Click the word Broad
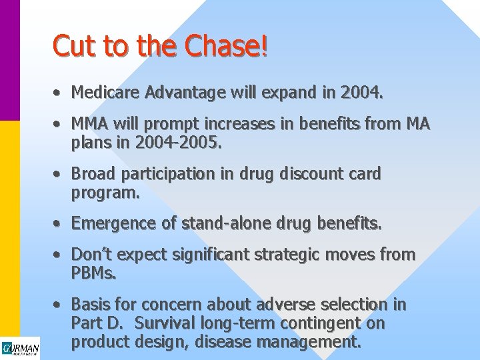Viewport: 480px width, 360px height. click(x=92, y=174)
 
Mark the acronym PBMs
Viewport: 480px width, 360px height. click(x=93, y=272)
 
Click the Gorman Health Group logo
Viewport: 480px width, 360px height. click(x=20, y=348)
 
